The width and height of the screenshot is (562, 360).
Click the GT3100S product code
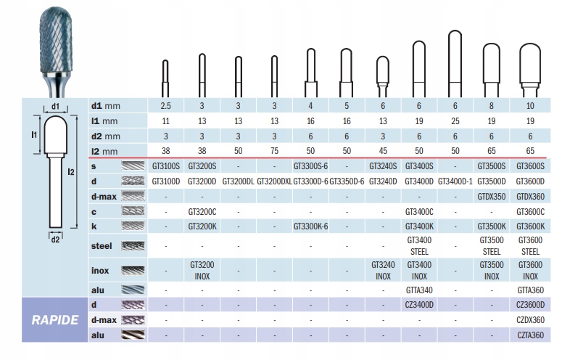point(166,166)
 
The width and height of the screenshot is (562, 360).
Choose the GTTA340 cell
point(418,289)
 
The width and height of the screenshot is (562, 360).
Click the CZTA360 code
point(530,335)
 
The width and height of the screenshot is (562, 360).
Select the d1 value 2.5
point(166,105)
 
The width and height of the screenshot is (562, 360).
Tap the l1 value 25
point(455,120)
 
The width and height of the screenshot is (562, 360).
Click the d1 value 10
point(530,105)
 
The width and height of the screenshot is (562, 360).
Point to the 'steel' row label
point(101,246)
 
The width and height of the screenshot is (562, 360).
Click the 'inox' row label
point(100,271)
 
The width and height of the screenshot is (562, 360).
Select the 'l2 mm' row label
point(104,150)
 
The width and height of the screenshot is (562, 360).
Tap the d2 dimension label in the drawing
point(55,240)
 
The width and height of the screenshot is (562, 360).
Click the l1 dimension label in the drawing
point(34,135)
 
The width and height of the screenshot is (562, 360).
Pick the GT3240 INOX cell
point(383,271)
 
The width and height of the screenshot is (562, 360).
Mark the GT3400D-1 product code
point(455,181)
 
